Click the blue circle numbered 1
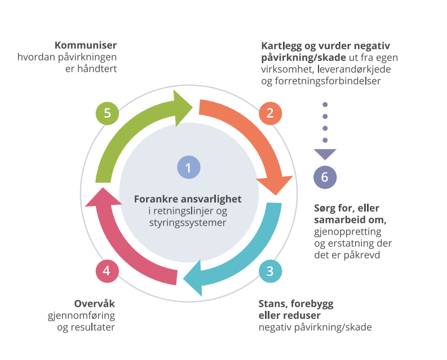189,168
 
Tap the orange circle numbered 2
270,113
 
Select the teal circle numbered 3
270,271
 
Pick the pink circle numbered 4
107,271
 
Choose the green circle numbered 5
107,113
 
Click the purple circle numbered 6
325,177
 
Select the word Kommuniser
86,45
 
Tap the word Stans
272,304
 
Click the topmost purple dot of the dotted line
325,105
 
